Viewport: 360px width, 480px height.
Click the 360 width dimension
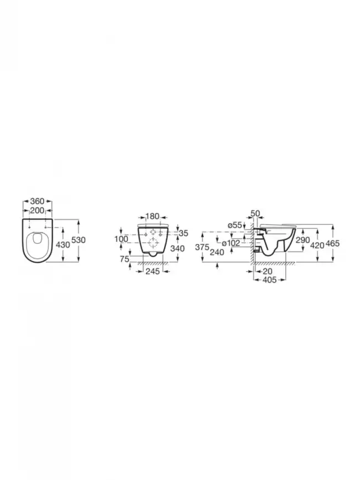pos(37,201)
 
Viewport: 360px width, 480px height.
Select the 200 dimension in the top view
pos(37,211)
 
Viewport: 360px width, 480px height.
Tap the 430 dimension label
pos(63,244)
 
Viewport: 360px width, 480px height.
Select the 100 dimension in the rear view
pos(122,238)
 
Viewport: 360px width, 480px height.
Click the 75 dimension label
pos(125,259)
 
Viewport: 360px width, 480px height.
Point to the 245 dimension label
pos(152,271)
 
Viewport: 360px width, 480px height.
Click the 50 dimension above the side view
pos(255,213)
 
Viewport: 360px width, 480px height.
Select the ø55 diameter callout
pos(235,224)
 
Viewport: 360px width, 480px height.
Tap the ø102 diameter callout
pos(230,243)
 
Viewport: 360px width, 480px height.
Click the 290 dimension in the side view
pos(302,240)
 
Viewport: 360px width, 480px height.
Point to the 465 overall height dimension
pos(333,244)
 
